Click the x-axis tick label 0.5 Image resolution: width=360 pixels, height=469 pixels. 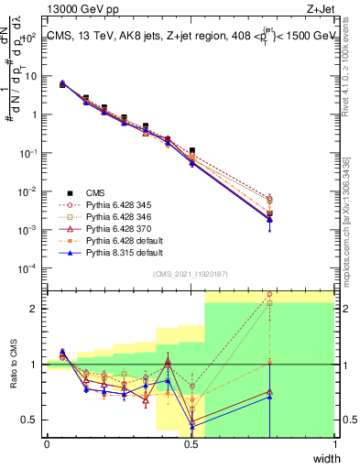coord(191,444)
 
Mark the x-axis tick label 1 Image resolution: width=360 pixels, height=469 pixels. coord(334,444)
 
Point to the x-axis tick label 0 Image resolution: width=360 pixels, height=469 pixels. coord(47,444)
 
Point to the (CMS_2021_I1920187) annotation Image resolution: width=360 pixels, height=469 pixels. coord(190,274)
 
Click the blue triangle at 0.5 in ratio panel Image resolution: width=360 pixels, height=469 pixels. coord(191,427)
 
